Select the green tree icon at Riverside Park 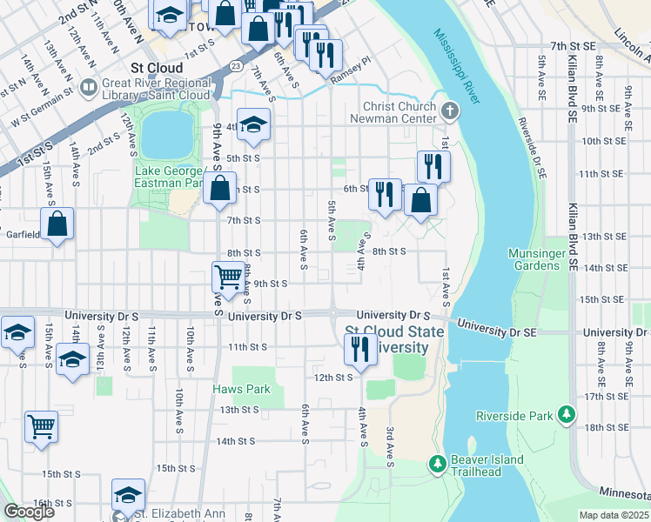pyautogui.click(x=567, y=415)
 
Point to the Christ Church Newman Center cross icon pyautogui.click(x=449, y=111)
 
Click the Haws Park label pyautogui.click(x=242, y=390)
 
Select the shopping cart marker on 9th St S pyautogui.click(x=228, y=278)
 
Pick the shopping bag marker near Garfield pyautogui.click(x=57, y=224)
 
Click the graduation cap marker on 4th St pyautogui.click(x=253, y=127)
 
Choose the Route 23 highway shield pyautogui.click(x=237, y=65)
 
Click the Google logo pyautogui.click(x=30, y=512)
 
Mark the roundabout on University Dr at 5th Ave pyautogui.click(x=333, y=314)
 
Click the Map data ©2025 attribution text pyautogui.click(x=614, y=515)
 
